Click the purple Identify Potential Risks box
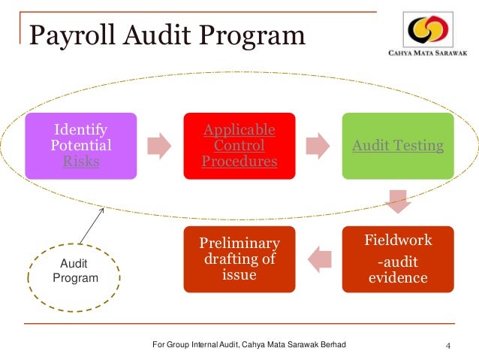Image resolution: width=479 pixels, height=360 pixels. (80, 145)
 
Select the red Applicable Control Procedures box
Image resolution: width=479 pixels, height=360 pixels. (239, 145)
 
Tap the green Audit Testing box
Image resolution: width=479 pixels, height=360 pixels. (398, 145)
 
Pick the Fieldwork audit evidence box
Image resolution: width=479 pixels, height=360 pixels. (398, 259)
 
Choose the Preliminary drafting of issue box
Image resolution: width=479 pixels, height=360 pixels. (239, 259)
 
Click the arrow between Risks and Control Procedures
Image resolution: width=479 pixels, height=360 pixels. (160, 145)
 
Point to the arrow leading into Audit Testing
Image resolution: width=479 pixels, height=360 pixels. (319, 145)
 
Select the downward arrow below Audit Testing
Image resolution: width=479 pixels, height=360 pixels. (398, 202)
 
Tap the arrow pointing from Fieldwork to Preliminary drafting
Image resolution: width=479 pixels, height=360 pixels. (320, 259)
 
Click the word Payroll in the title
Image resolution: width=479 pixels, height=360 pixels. (64, 36)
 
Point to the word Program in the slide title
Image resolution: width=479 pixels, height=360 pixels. (260, 36)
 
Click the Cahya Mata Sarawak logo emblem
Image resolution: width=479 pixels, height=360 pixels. (429, 31)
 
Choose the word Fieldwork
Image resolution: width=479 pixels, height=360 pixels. (398, 241)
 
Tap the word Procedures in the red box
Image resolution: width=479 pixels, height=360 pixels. (239, 161)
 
